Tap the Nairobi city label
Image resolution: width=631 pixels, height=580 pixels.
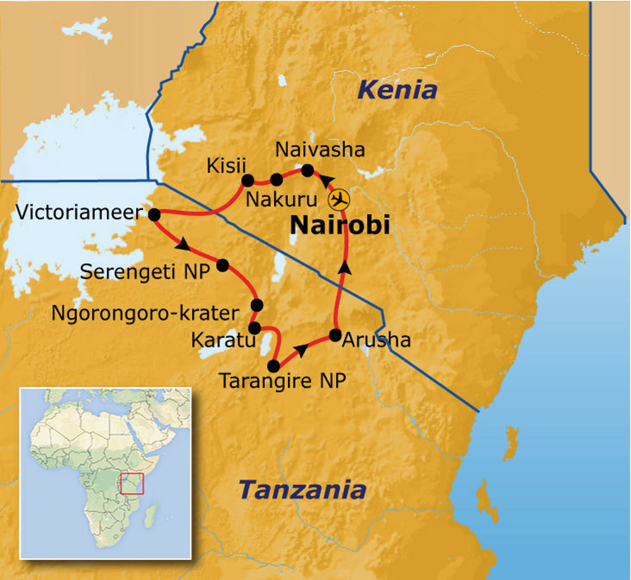[x=340, y=226]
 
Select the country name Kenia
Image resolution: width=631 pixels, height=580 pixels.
[x=397, y=91]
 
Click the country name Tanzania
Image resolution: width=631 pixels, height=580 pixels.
[x=302, y=491]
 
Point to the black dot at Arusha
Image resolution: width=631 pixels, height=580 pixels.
[x=335, y=335]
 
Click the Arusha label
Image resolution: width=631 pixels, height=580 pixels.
[x=377, y=340]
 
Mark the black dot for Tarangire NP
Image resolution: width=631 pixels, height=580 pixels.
[x=274, y=365]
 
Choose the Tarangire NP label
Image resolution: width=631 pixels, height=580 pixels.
[x=282, y=381]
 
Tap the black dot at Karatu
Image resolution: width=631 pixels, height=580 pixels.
[x=253, y=328]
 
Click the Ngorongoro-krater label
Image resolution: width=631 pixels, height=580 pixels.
[x=144, y=313]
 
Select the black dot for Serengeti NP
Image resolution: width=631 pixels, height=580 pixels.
[x=222, y=265]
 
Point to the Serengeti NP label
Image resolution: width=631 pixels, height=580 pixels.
[x=145, y=271]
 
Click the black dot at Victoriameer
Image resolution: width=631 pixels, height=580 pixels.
[x=154, y=214]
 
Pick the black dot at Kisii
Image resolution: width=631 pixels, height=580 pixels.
[x=248, y=180]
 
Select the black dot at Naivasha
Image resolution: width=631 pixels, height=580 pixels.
[x=307, y=170]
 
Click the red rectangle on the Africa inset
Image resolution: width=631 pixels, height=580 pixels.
[x=132, y=483]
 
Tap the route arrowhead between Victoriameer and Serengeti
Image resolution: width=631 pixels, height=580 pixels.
[x=182, y=245]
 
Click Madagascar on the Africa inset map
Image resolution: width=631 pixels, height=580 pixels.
[x=150, y=513]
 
